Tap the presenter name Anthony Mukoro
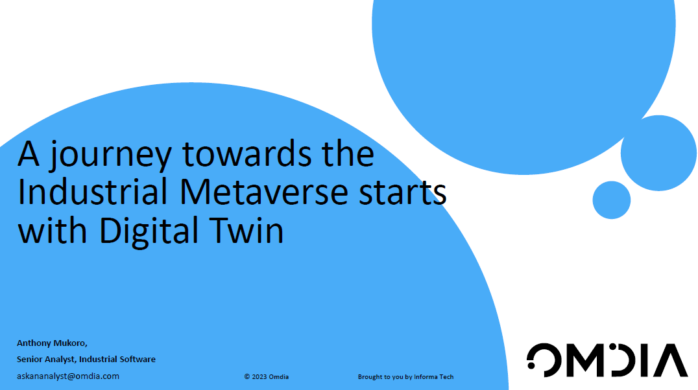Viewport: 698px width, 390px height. click(52, 343)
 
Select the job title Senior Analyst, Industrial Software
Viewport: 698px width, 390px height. click(86, 359)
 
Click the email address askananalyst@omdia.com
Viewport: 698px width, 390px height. click(68, 376)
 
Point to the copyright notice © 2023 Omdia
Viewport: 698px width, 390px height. click(267, 376)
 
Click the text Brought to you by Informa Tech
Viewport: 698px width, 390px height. click(405, 376)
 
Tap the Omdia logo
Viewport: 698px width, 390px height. click(607, 360)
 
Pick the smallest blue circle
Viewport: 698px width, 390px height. click(611, 200)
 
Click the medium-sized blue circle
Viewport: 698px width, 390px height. click(658, 154)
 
